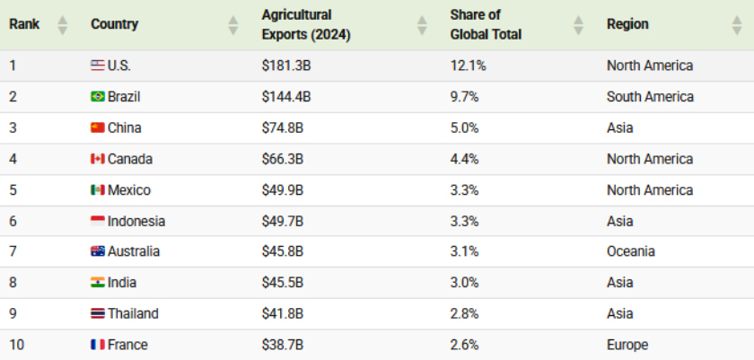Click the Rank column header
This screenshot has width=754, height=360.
point(24,24)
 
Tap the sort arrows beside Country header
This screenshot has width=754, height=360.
point(233,25)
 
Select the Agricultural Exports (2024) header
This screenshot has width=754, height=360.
point(306,25)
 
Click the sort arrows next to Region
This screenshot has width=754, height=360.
point(737,25)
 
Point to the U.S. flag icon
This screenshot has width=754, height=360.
point(98,66)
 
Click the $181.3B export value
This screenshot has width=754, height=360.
point(286,66)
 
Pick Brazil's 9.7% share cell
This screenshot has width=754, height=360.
point(464,97)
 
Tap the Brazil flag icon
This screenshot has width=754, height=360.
point(98,97)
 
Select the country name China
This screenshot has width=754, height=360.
point(125,127)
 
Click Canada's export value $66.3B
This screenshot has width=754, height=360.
point(282,159)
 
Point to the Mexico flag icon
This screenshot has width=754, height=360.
point(98,189)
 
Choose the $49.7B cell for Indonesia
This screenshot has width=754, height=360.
point(282,221)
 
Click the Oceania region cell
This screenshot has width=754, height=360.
point(630,251)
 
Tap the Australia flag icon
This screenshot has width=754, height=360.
point(98,251)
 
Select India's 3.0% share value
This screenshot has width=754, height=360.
point(464,282)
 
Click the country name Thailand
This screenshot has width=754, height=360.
point(133,313)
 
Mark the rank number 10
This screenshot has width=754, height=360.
point(16,345)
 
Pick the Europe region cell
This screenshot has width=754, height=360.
point(627,345)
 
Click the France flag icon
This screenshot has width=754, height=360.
point(98,345)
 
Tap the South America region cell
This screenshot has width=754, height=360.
point(650,97)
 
